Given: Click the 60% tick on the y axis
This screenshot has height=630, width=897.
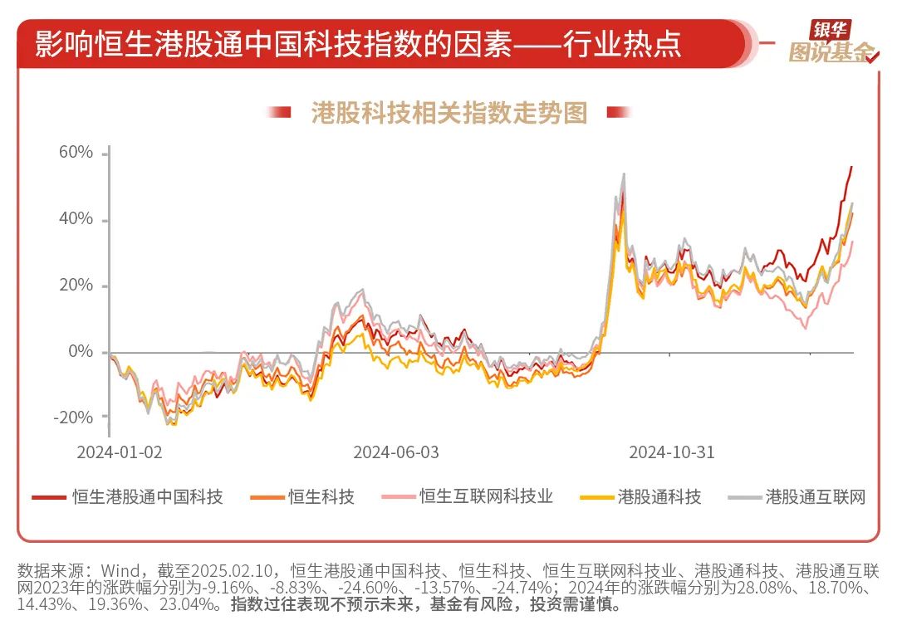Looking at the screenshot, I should (75, 154).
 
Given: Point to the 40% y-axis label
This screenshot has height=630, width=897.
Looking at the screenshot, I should (75, 220).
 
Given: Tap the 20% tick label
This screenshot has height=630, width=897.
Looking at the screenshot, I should (75, 286).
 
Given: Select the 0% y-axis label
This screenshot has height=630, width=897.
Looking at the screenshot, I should (81, 352).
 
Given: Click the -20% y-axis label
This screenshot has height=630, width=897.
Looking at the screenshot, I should (72, 418).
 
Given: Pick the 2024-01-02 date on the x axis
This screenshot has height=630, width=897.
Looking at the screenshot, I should (119, 452).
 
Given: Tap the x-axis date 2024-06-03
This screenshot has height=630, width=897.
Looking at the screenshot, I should (396, 452).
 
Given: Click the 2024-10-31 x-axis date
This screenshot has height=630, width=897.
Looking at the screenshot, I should (671, 452).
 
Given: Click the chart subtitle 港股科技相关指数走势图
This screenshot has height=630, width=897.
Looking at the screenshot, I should (449, 112).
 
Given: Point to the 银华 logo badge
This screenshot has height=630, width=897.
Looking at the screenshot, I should (830, 30).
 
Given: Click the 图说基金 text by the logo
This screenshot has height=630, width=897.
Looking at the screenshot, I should (831, 53).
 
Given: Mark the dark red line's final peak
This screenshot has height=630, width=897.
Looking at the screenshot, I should (851, 167).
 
